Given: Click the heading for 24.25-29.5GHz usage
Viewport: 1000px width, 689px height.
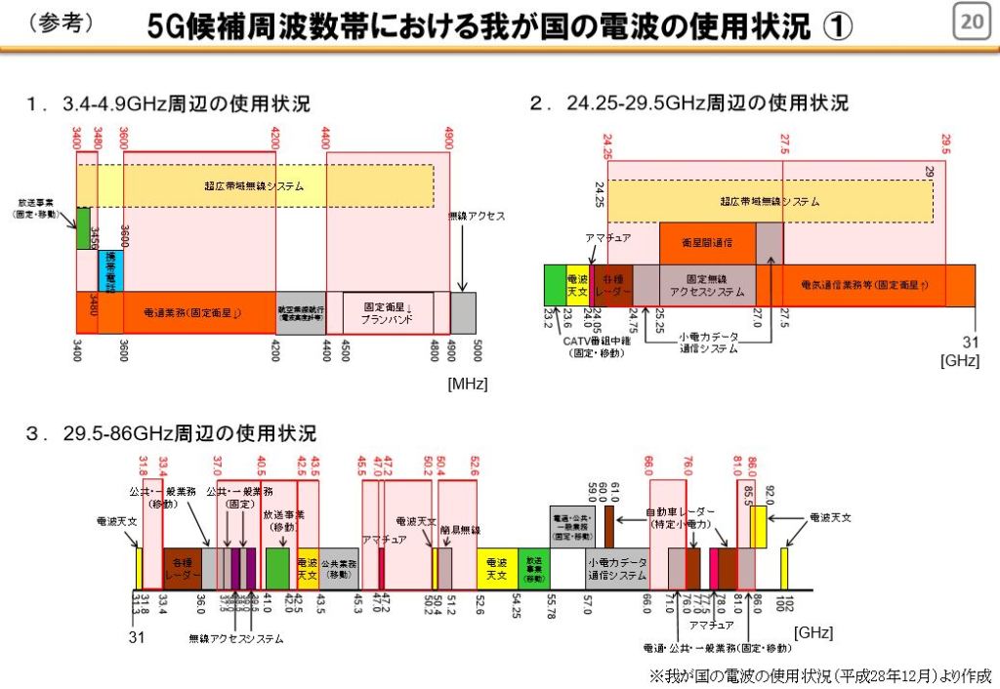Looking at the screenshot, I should [688, 103].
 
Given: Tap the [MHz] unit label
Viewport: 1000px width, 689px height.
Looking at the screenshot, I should [468, 385].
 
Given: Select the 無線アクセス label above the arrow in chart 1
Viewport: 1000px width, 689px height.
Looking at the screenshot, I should [476, 216].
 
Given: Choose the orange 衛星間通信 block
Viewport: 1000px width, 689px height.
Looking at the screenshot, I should [707, 243].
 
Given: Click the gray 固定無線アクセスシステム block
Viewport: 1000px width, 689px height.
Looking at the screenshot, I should [707, 284].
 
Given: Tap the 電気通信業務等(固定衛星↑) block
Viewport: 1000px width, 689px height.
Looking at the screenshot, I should [864, 285].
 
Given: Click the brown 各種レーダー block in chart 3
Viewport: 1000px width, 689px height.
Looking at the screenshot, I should [182, 568].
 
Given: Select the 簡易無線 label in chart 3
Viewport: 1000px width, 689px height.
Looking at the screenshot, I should [460, 530].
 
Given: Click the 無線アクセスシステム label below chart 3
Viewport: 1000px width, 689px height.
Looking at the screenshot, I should [236, 639].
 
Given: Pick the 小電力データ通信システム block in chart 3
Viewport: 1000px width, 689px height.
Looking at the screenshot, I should [617, 569].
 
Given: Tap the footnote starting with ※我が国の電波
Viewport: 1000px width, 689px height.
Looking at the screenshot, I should [820, 674].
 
